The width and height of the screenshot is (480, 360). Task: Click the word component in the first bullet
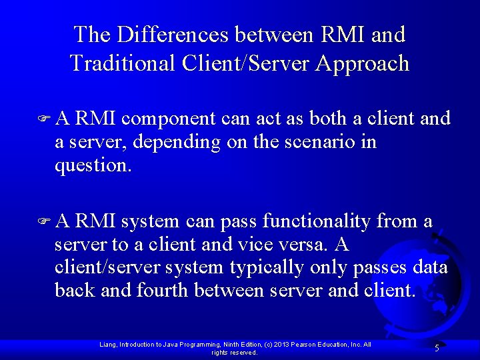[x=167, y=119]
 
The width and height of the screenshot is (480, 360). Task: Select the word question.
[x=93, y=165]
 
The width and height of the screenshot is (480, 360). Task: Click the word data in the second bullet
[x=431, y=268]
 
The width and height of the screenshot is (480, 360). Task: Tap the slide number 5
[x=437, y=348]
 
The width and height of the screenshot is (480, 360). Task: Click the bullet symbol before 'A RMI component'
[x=45, y=119]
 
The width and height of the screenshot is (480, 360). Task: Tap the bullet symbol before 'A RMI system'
[x=45, y=221]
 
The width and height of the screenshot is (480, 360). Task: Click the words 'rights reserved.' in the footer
[x=235, y=353]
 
